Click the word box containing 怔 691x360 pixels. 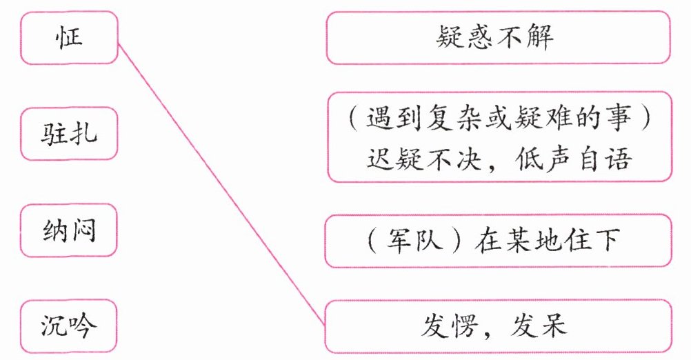(69, 37)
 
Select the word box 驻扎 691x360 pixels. (69, 133)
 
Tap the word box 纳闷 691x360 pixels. (69, 230)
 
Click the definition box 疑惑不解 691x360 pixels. (498, 39)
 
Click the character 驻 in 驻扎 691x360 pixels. (54, 133)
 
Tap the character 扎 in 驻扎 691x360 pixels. (84, 133)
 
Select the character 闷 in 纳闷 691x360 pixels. (84, 230)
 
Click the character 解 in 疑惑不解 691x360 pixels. (541, 39)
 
